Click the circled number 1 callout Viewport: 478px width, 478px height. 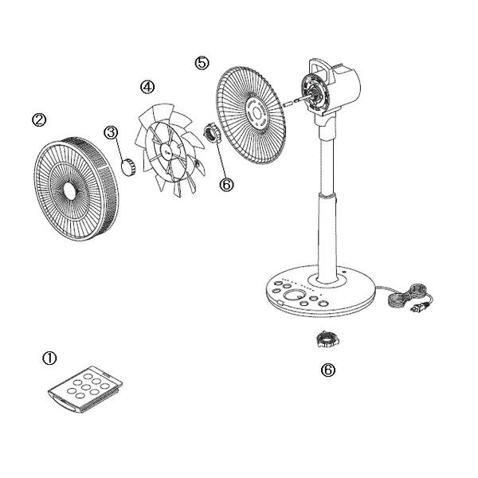tap(49, 358)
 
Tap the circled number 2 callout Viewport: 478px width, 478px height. tap(39, 119)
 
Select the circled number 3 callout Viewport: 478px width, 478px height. tap(111, 132)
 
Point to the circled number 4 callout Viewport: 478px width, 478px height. tap(147, 87)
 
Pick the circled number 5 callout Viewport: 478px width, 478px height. tap(202, 63)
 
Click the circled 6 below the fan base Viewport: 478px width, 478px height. tap(328, 370)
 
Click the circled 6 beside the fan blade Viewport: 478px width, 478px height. tap(227, 184)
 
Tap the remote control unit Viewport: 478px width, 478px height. tap(85, 389)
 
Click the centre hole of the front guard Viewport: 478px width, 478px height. tap(71, 191)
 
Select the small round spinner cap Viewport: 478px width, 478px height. tap(128, 167)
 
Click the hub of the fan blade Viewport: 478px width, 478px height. tap(168, 151)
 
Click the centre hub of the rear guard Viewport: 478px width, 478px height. tap(257, 113)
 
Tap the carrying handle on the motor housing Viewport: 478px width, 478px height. tap(320, 69)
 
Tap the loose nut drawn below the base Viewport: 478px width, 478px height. tap(327, 340)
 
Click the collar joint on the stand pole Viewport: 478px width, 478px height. tap(327, 195)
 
